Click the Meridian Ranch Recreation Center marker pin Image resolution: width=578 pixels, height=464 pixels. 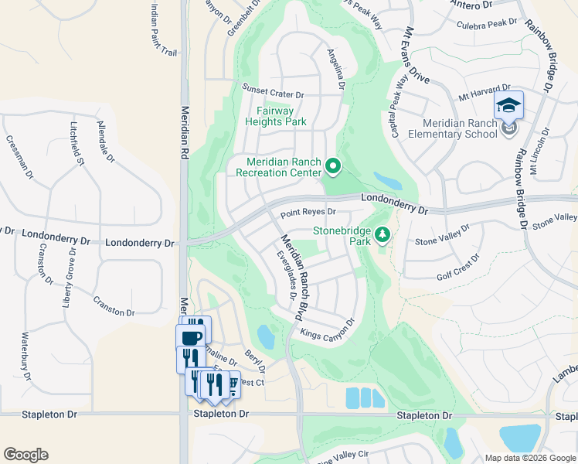(333, 165)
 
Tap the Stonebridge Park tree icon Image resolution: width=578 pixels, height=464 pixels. (382, 234)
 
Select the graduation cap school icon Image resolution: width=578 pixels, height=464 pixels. (509, 104)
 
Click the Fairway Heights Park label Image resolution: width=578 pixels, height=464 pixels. (276, 116)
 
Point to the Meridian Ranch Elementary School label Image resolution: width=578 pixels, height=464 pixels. (460, 128)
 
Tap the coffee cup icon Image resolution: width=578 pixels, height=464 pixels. (190, 337)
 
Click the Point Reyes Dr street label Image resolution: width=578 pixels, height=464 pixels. (308, 212)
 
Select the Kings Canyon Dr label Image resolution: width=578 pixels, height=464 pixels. (326, 329)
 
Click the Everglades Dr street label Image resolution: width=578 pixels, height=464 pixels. (285, 275)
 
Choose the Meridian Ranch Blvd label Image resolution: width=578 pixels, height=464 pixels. (291, 278)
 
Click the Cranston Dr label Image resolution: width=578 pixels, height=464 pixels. (114, 306)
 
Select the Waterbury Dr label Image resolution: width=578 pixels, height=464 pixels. (25, 356)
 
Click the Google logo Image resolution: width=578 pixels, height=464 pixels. (25, 455)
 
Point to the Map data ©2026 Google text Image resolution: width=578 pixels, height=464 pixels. (529, 458)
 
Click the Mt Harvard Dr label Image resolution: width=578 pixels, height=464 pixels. (484, 94)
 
